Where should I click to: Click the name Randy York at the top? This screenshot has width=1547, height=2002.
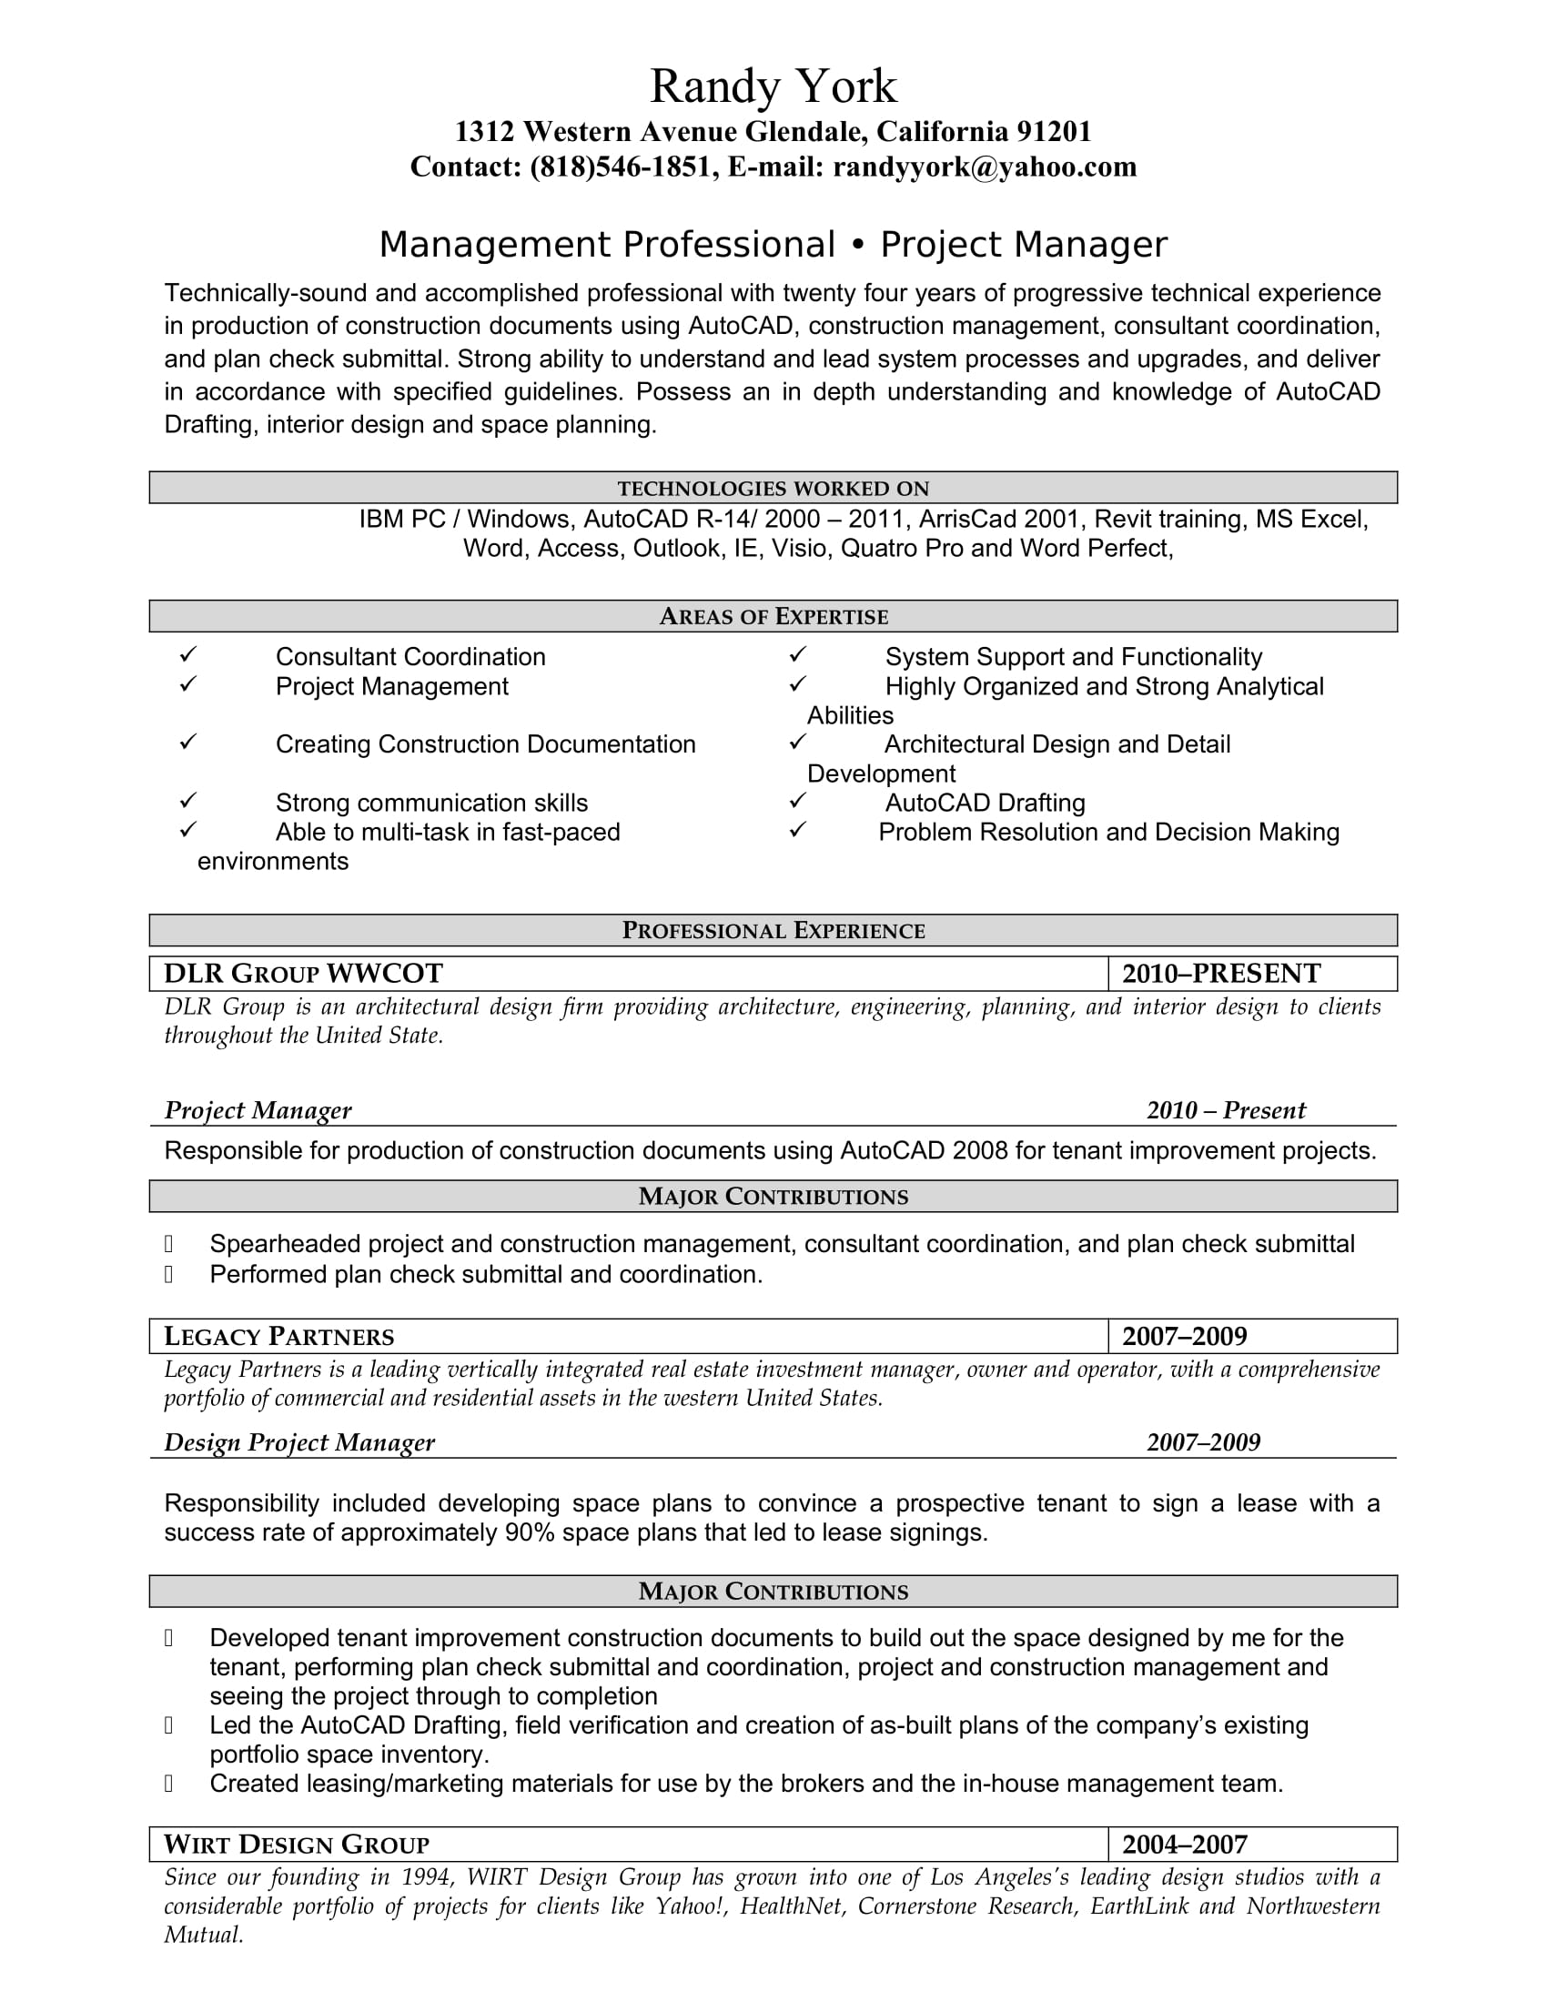(x=773, y=87)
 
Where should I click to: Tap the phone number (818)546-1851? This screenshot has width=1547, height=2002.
(x=624, y=167)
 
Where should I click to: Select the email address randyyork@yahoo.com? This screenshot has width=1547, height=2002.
(x=985, y=167)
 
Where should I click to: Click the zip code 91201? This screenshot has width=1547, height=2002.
(x=1053, y=132)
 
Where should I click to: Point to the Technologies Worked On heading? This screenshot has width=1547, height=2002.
(x=773, y=489)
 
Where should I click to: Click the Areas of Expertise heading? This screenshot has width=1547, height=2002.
(x=773, y=617)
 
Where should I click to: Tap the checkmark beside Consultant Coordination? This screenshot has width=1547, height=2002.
(x=187, y=655)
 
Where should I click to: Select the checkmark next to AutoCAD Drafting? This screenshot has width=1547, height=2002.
(x=797, y=802)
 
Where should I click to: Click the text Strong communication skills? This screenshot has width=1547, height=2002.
(x=431, y=803)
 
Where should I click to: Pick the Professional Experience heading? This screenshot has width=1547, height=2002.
(x=773, y=930)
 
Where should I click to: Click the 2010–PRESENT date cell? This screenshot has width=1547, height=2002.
(x=1220, y=974)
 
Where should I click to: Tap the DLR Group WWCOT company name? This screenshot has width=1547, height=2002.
(x=303, y=974)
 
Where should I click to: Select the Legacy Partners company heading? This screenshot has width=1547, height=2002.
(x=278, y=1337)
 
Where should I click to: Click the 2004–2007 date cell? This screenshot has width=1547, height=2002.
(x=1184, y=1845)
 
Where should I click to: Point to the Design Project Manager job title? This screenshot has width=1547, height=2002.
(x=298, y=1443)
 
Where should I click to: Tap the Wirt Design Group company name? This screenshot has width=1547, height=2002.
(x=296, y=1845)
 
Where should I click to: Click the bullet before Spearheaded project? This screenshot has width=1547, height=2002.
(x=168, y=1244)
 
